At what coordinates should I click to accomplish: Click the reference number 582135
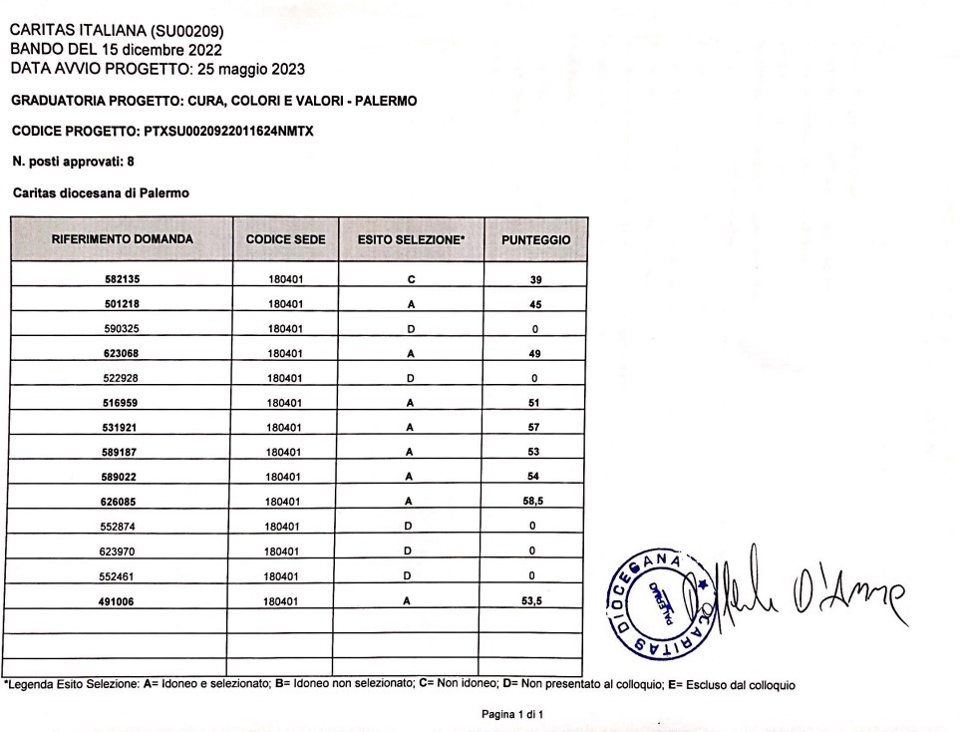(119, 281)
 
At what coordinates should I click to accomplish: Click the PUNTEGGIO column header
(535, 240)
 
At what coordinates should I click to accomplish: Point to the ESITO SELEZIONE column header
(411, 240)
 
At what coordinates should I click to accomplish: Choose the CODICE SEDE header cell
(285, 240)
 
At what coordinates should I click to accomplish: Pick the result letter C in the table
(411, 281)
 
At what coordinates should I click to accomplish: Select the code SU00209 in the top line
(182, 29)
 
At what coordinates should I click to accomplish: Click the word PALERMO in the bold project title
(384, 102)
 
